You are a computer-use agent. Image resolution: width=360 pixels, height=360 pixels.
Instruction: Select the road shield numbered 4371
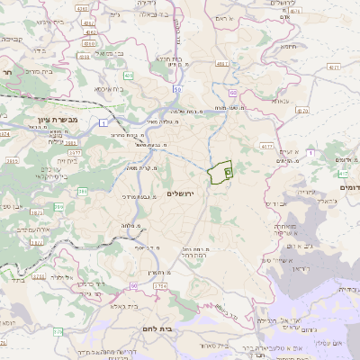pyautogui.click(x=335, y=67)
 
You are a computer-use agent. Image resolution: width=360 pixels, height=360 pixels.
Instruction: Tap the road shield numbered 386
pyautogui.click(x=82, y=192)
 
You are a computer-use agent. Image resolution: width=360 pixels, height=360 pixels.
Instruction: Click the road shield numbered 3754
pyautogui.click(x=160, y=285)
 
